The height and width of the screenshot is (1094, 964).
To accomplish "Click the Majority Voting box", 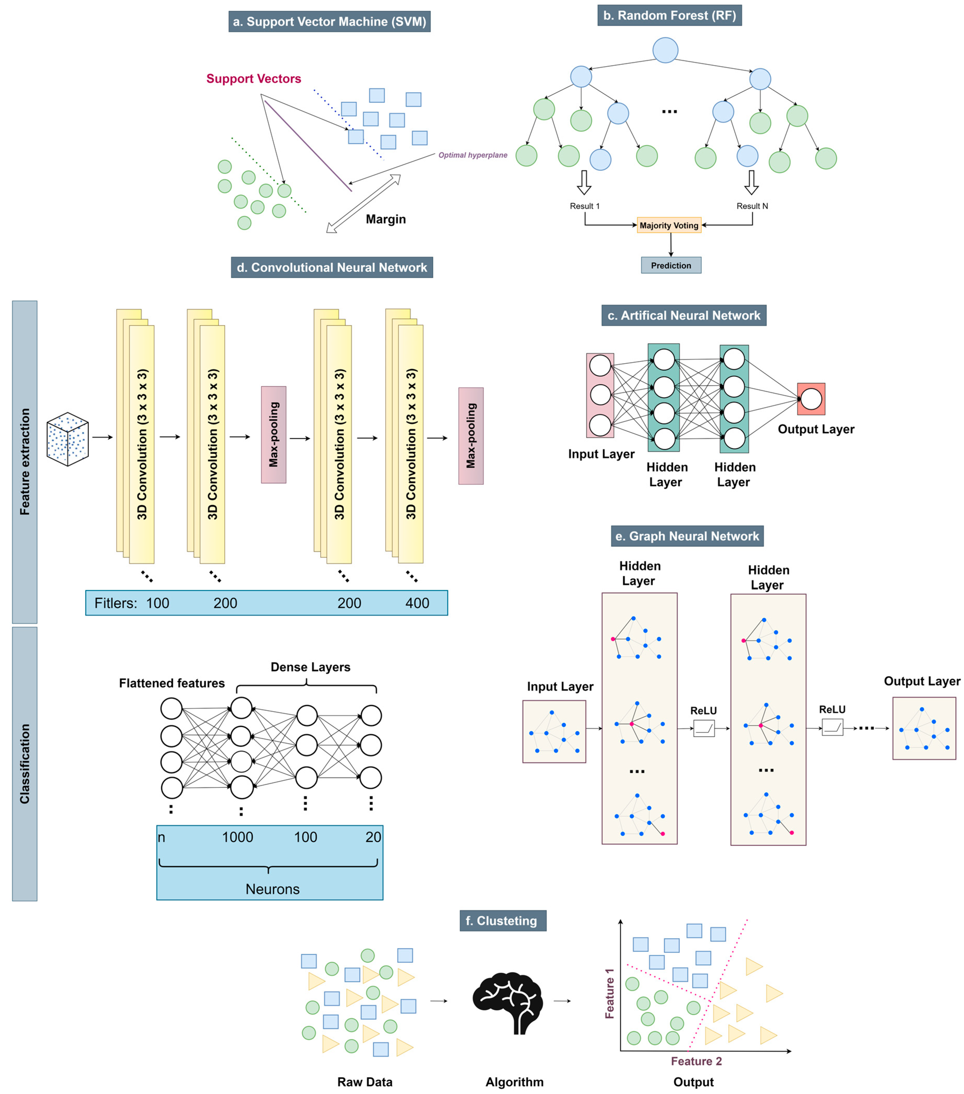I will click(x=669, y=225).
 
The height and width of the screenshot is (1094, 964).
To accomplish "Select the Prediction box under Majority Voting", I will click(x=671, y=265).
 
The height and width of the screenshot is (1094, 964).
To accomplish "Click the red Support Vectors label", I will click(x=254, y=79).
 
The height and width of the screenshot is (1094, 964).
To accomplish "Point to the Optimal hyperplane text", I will click(x=472, y=155).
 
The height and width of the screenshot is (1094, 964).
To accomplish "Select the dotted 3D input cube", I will click(x=67, y=439).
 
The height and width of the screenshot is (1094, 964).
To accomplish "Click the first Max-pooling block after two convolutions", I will click(x=273, y=435).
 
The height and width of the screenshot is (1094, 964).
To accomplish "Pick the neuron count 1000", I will click(x=237, y=837).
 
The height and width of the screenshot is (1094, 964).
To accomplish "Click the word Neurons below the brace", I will click(x=272, y=889).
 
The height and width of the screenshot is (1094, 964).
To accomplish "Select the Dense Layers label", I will click(x=310, y=667).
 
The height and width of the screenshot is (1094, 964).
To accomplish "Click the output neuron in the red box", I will click(x=811, y=399).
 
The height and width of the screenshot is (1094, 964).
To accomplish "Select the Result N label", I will click(x=752, y=206).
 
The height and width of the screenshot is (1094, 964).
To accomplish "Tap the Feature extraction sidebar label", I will click(x=25, y=461).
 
